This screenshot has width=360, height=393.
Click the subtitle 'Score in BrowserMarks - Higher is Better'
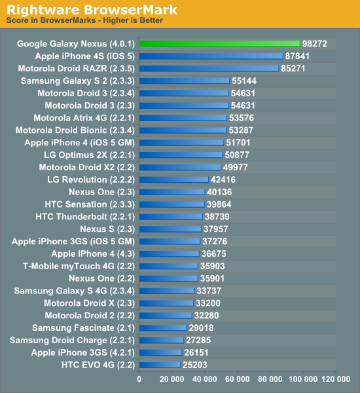84,20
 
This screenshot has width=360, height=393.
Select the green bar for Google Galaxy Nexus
219,44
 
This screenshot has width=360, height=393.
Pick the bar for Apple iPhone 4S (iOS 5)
211,56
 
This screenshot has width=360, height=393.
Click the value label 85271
293,68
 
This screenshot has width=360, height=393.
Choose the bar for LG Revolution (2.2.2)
174,179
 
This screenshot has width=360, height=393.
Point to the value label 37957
216,229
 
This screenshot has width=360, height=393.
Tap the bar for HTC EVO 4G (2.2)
160,364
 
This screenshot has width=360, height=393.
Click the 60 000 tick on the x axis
238,379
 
